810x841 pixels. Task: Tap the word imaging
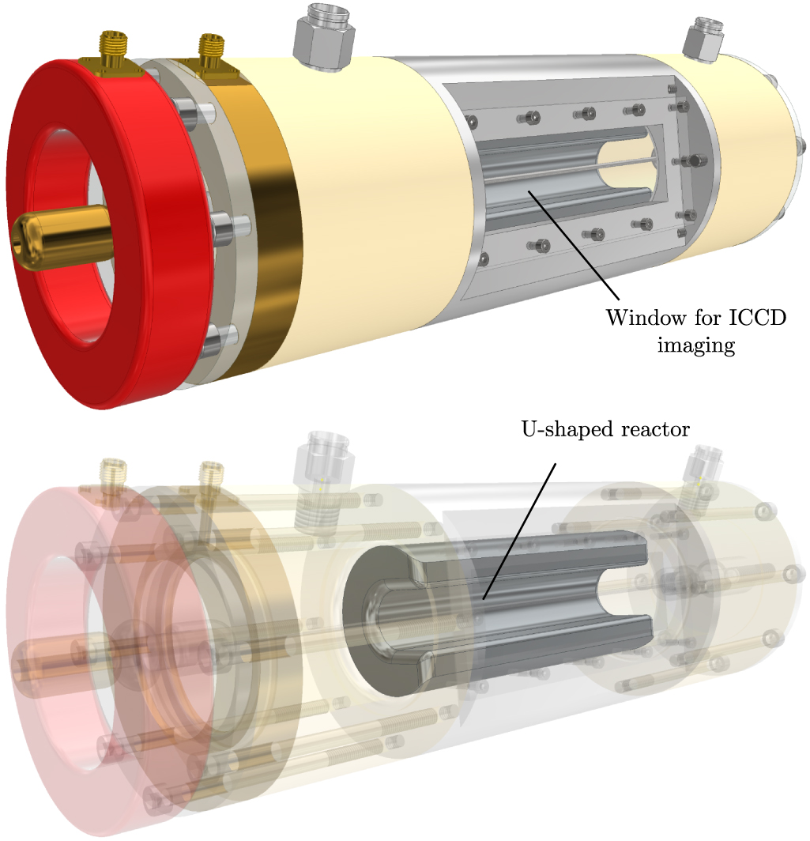point(696,346)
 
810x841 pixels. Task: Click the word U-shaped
point(561,430)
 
